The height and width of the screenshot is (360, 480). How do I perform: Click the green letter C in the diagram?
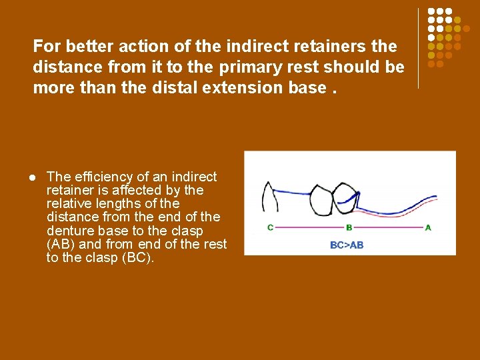[271, 228]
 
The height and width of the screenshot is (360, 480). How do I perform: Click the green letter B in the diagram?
[349, 228]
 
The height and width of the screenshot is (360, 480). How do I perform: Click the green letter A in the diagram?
[428, 228]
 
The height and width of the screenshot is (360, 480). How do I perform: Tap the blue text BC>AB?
[347, 245]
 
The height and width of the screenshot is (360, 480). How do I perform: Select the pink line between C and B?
[309, 228]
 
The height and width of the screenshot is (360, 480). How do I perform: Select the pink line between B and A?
[388, 228]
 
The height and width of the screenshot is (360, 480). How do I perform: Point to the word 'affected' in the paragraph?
[143, 190]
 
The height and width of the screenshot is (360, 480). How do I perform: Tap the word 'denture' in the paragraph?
[69, 231]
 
